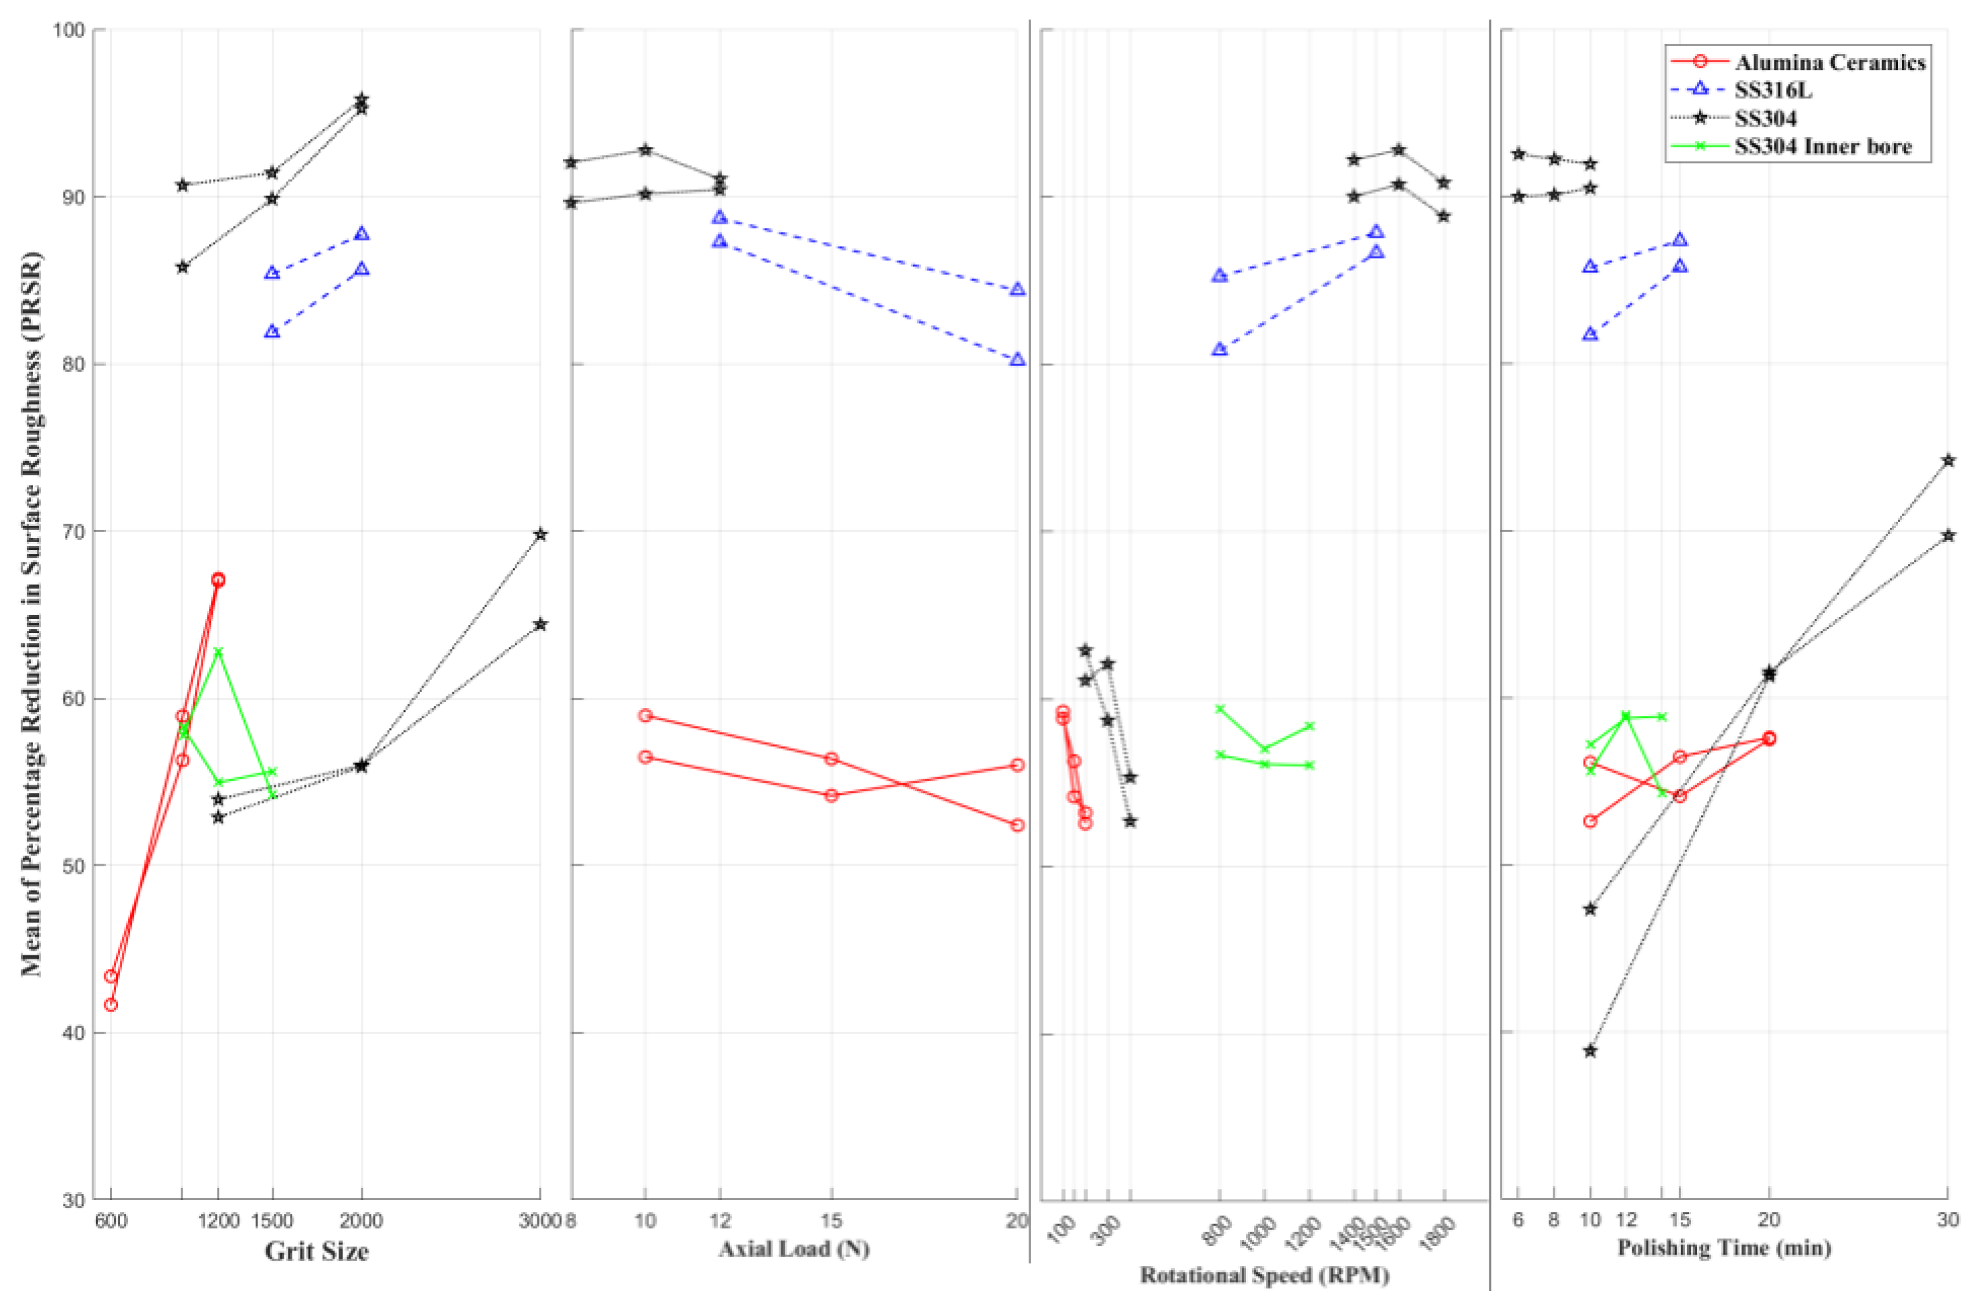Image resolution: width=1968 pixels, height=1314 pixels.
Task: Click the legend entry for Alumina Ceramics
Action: click(1829, 63)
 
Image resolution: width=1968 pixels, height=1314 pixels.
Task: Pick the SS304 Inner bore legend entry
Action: click(1823, 146)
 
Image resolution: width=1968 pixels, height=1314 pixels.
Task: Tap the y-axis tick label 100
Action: click(69, 30)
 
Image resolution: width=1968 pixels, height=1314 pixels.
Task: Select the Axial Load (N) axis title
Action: click(794, 1249)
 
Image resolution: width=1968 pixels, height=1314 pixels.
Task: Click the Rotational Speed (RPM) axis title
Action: click(1264, 1276)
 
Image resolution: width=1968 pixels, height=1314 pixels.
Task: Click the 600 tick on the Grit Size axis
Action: click(111, 1221)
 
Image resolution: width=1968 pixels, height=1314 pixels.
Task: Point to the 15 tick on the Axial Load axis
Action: click(831, 1221)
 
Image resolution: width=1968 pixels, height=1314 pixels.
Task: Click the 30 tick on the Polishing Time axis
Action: click(1947, 1220)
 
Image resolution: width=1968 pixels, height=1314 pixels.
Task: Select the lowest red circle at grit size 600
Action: click(111, 1005)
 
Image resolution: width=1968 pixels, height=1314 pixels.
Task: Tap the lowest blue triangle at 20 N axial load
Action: click(1017, 360)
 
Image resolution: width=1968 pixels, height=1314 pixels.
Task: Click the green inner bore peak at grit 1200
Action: click(218, 651)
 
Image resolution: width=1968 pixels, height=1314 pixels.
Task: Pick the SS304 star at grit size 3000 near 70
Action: click(541, 535)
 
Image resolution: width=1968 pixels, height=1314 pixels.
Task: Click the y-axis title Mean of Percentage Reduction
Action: click(32, 616)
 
